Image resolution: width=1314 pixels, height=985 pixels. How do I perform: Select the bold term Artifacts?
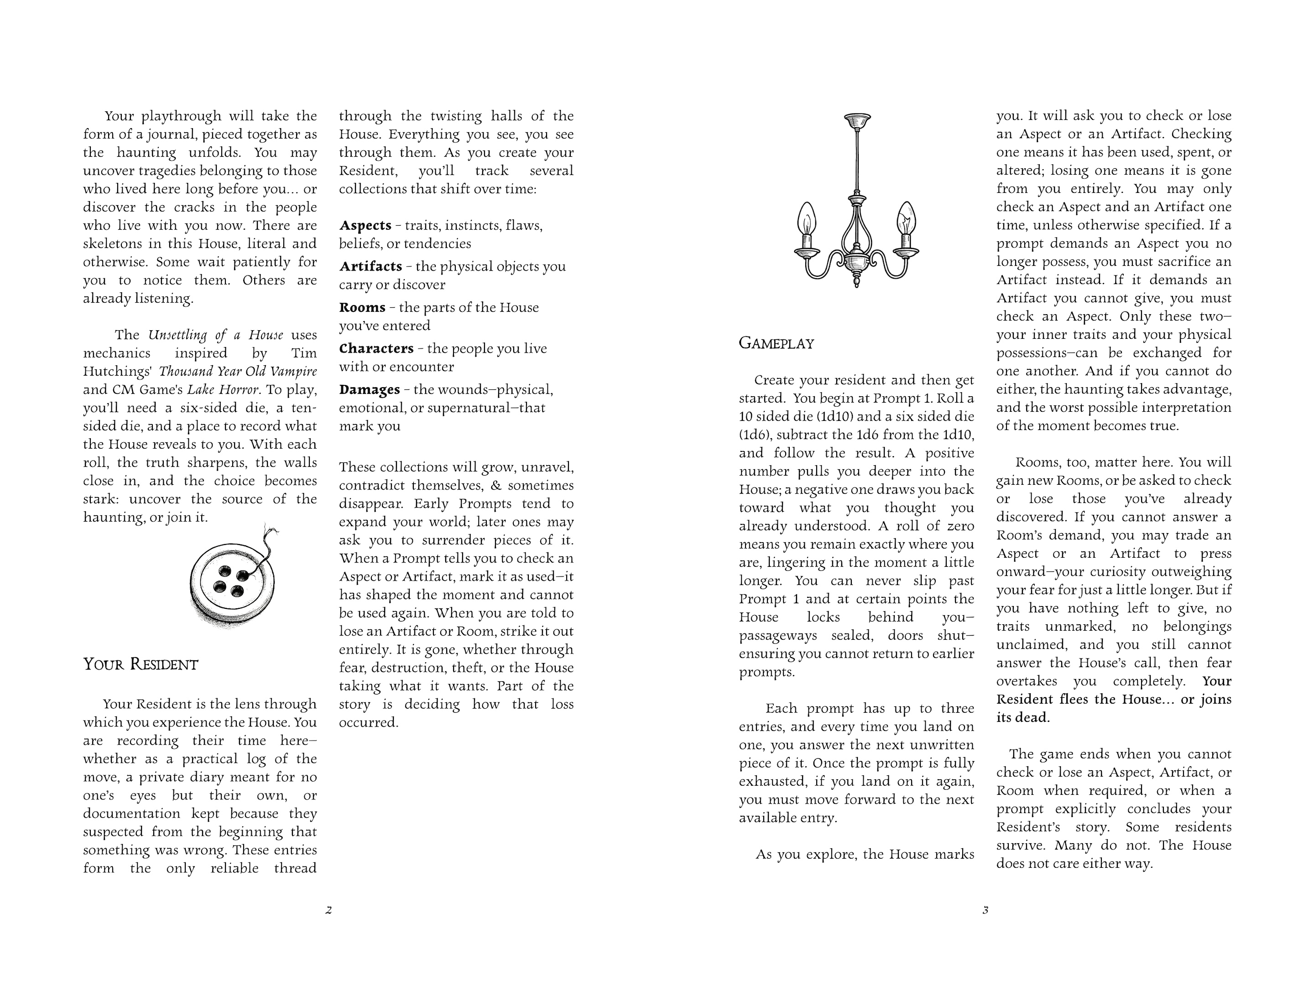[x=370, y=267]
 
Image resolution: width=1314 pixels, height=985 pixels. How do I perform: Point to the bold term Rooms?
[x=362, y=307]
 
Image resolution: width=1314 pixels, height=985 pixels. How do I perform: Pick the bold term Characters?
[x=376, y=348]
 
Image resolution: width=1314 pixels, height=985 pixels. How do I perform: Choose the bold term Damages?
[x=370, y=389]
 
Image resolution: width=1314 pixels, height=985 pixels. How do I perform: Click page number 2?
[x=328, y=910]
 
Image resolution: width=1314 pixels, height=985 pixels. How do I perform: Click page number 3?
[x=985, y=910]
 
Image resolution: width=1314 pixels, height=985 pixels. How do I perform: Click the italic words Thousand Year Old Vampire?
[x=238, y=372]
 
